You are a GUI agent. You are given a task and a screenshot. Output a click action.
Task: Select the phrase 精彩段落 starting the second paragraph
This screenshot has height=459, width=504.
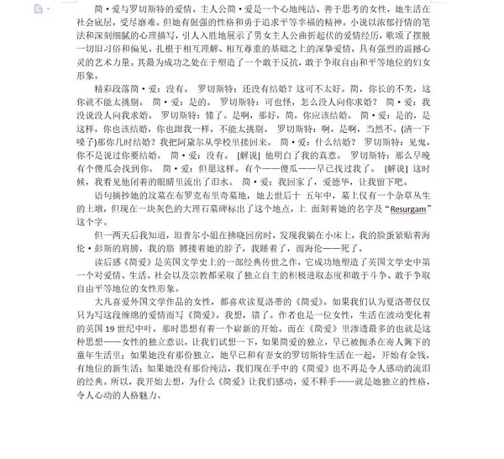(x=116, y=88)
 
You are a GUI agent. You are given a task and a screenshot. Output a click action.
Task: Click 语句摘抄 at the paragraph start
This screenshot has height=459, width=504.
(x=116, y=195)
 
